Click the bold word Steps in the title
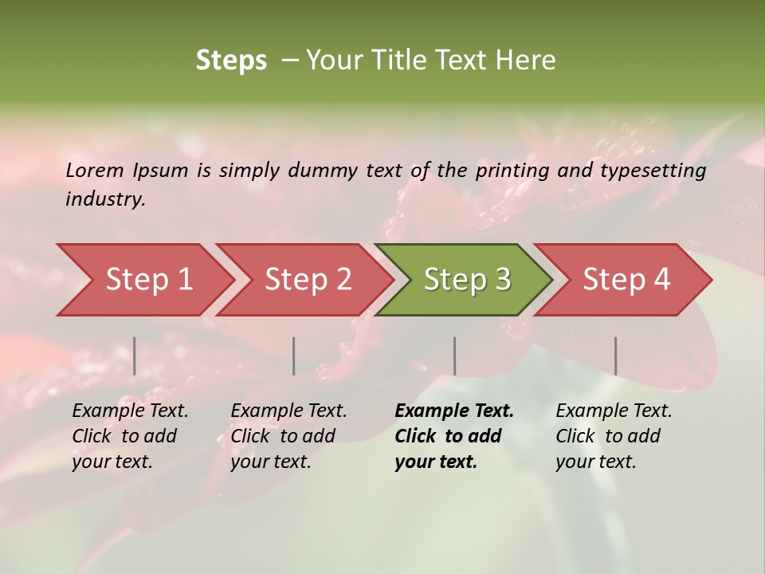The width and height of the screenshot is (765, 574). (x=231, y=61)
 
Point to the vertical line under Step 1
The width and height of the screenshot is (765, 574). (x=135, y=356)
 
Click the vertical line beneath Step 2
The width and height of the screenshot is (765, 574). (x=294, y=356)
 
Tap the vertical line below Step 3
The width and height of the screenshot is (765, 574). (x=455, y=356)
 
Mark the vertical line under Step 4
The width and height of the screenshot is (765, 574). (x=615, y=356)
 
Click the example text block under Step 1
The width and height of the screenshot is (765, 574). (x=130, y=436)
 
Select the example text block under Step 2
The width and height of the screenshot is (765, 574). (x=288, y=436)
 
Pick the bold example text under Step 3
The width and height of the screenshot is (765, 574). (x=454, y=436)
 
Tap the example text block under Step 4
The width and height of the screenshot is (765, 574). (x=614, y=436)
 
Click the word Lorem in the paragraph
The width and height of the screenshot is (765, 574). (x=94, y=171)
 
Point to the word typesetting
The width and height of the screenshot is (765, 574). (x=653, y=171)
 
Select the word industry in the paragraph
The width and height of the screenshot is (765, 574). (x=105, y=199)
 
